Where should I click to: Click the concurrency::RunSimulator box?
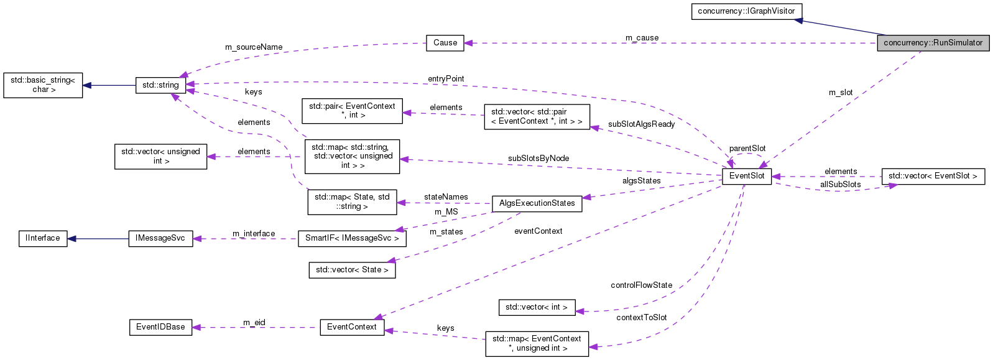pos(933,43)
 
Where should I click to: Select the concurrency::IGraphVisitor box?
pos(746,11)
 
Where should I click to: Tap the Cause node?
pos(445,43)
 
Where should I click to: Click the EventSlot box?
pos(747,176)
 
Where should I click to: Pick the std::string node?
pos(160,85)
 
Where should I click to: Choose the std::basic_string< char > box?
pos(43,85)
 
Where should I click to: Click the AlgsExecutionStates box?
pos(537,203)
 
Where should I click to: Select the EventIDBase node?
pos(160,327)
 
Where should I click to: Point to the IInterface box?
pos(43,238)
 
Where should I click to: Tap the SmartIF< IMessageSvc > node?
pos(352,238)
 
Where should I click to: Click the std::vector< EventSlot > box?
pos(933,176)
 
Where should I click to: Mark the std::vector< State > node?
pos(352,270)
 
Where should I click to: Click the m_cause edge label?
pos(642,38)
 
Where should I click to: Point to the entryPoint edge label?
pos(446,79)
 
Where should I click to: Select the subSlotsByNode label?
pos(538,159)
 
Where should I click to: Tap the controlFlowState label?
pos(641,285)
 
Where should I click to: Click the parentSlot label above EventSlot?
pos(747,149)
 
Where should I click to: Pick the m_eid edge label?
pos(254,323)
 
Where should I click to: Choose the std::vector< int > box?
pos(537,307)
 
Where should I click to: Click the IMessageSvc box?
pos(160,238)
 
